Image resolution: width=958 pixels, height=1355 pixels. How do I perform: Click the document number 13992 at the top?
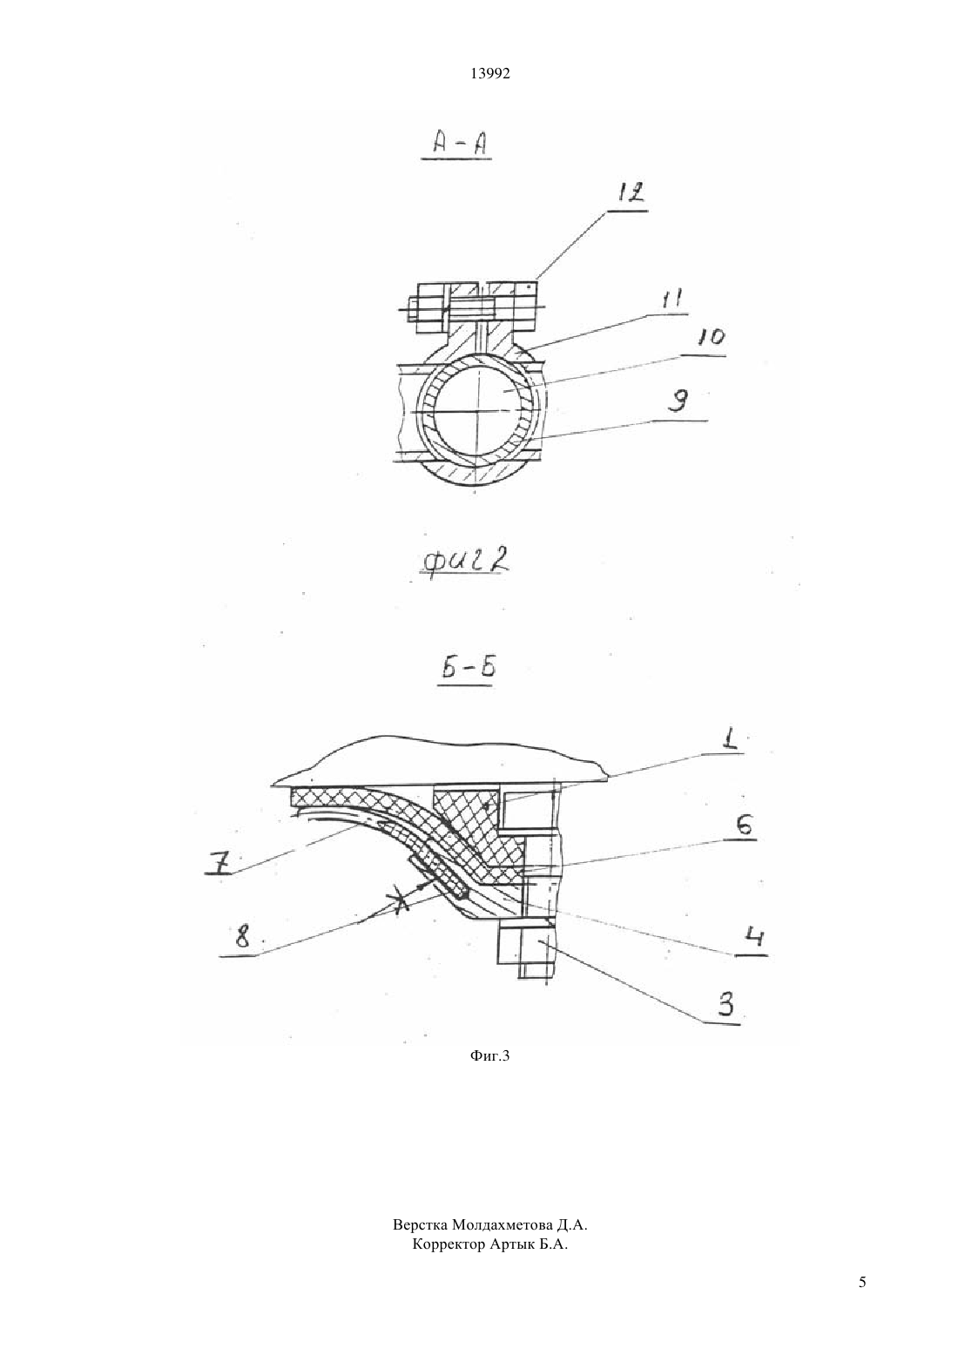pyautogui.click(x=489, y=73)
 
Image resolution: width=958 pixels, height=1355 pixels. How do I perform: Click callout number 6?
pyautogui.click(x=745, y=826)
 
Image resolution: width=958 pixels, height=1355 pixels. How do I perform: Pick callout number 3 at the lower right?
pyautogui.click(x=725, y=1003)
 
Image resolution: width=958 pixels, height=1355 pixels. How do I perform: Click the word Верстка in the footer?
pyautogui.click(x=421, y=1225)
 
